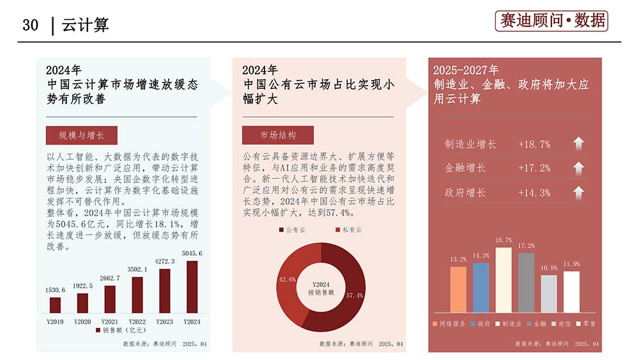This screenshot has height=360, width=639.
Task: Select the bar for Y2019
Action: coord(56,305)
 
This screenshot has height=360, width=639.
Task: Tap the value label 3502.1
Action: coord(137,269)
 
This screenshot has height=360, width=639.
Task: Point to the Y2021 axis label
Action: coord(110,321)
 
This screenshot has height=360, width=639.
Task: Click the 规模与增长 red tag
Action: coord(82,136)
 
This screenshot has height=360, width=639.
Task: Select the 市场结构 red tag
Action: coord(278,136)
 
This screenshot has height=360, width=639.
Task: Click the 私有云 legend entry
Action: coord(348,230)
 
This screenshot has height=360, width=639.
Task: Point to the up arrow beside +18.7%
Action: coord(578,144)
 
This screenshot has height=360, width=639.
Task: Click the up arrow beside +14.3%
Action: coord(578,192)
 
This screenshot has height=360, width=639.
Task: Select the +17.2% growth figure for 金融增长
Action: coord(534,168)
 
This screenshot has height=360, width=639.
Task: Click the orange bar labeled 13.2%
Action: coord(458,289)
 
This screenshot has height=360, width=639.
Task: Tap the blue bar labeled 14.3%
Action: coord(481,287)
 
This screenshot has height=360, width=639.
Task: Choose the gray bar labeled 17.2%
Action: coord(526,282)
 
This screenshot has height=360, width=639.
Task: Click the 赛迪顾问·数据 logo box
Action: coord(551,21)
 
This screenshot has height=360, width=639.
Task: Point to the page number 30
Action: coord(31,25)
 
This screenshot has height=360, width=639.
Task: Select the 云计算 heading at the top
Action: coord(86,25)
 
